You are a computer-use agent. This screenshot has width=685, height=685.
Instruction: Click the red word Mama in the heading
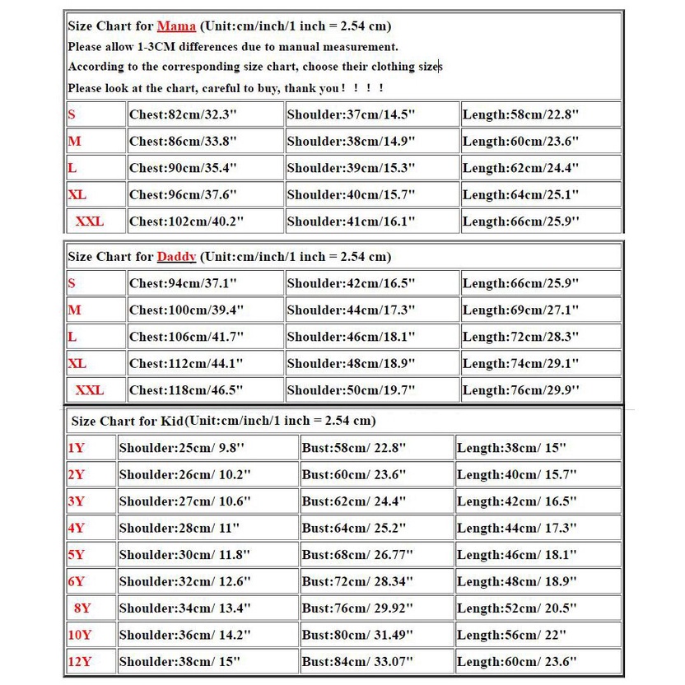click(x=176, y=26)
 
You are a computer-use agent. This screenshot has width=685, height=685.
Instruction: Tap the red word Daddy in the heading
click(x=176, y=257)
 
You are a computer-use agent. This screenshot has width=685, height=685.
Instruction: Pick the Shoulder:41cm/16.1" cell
click(x=351, y=221)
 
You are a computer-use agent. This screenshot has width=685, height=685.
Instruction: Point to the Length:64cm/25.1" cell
click(x=520, y=195)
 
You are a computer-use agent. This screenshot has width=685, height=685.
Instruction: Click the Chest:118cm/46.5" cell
click(x=186, y=390)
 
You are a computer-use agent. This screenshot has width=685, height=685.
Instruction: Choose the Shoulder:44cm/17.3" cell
click(x=351, y=310)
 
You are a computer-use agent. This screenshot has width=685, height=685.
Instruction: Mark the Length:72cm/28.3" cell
click(x=520, y=337)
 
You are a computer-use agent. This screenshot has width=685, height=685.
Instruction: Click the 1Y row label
click(x=77, y=449)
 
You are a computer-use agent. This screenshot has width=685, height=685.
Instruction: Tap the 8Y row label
click(x=82, y=608)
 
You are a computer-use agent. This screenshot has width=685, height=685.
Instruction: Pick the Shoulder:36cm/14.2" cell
click(x=184, y=635)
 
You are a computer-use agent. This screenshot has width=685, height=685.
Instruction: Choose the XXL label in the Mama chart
click(x=90, y=221)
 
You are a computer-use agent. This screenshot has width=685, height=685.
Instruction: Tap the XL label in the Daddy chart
click(x=77, y=363)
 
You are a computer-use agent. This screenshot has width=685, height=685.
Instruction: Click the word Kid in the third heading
click(x=172, y=421)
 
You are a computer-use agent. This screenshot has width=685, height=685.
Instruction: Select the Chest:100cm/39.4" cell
click(x=186, y=310)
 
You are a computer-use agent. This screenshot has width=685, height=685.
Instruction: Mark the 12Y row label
click(x=80, y=661)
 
